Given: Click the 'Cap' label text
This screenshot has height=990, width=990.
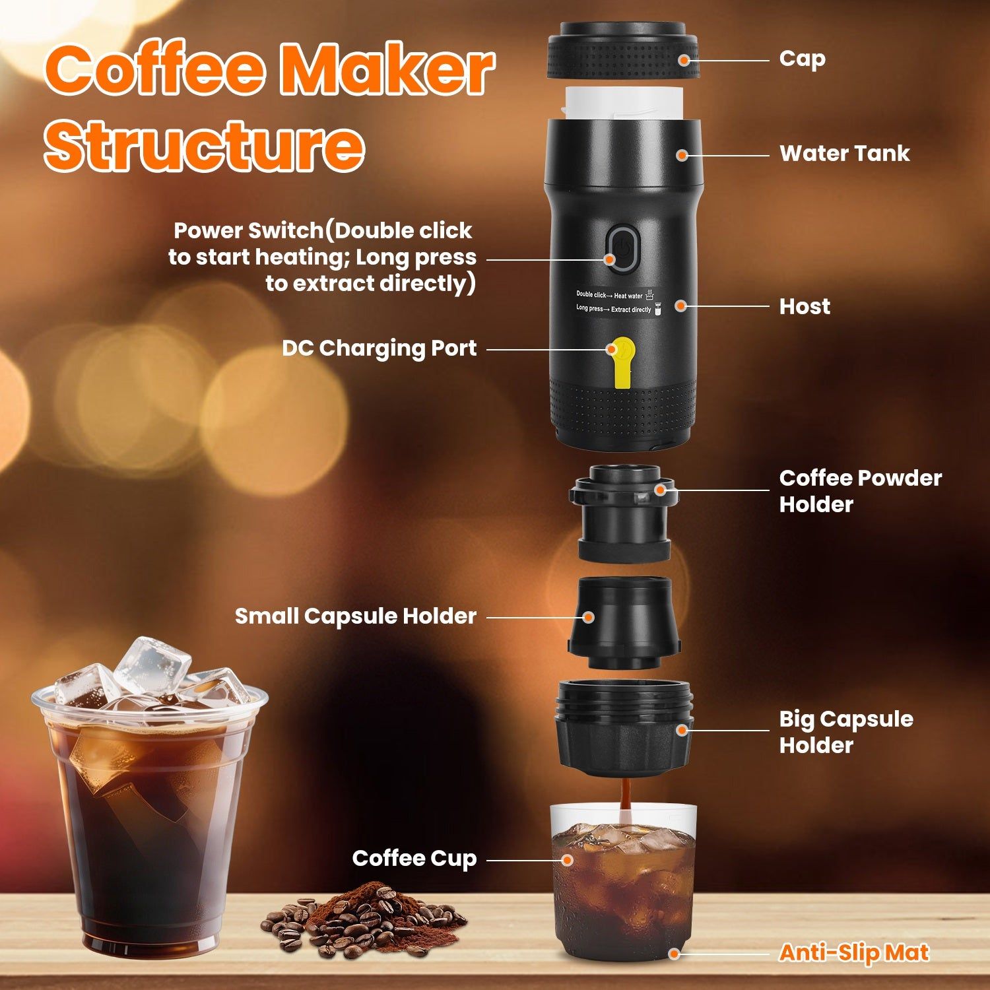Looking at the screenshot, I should click(x=802, y=59).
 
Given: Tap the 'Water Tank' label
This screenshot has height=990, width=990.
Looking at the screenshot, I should click(x=844, y=154).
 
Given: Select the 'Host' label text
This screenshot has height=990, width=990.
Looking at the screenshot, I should click(x=804, y=306).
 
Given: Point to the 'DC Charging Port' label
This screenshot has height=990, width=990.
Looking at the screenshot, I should click(x=379, y=348).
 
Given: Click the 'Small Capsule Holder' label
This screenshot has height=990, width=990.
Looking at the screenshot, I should click(x=355, y=616).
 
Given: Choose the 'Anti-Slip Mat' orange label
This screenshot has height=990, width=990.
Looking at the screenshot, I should click(x=853, y=952).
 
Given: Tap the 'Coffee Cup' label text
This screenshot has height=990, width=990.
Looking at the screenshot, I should click(x=414, y=859).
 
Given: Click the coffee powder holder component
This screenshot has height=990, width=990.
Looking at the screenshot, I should click(x=622, y=511).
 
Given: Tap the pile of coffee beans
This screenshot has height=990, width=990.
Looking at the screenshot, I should click(x=363, y=921).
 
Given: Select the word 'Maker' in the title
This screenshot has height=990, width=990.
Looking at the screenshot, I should click(x=387, y=71).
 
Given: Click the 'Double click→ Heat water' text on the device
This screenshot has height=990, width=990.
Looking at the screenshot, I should click(x=609, y=295).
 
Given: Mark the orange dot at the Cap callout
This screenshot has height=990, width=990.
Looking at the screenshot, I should click(x=684, y=60).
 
